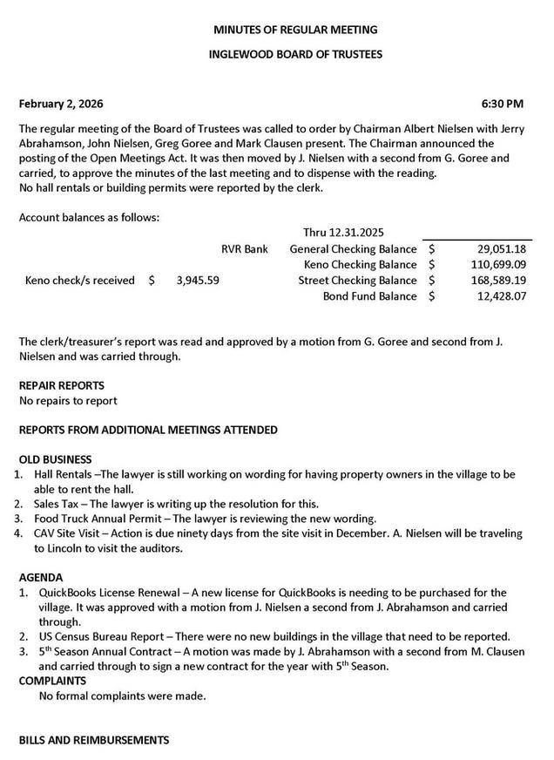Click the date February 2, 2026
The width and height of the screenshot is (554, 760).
(61, 104)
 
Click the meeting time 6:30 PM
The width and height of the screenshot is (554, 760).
(503, 104)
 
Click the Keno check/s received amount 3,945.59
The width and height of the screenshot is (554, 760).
(198, 281)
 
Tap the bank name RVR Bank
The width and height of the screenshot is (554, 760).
(244, 249)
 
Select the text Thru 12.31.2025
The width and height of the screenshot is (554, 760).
(343, 233)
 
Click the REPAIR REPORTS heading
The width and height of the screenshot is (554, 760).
(62, 385)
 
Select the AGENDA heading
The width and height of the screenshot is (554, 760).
(41, 577)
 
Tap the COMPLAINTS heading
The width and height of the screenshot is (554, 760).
(52, 680)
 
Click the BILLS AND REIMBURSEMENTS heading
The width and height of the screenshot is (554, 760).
(94, 740)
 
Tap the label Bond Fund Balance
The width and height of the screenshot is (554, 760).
(369, 296)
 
